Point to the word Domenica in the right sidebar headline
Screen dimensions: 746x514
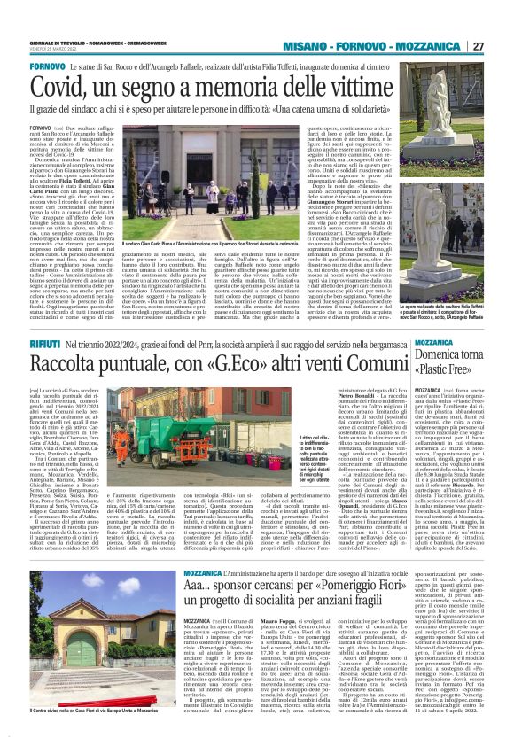(x=424, y=348)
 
